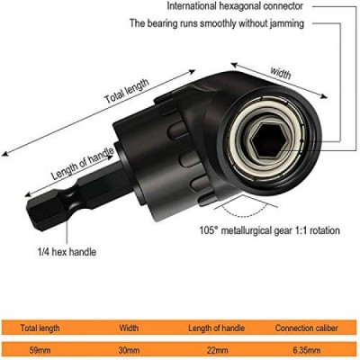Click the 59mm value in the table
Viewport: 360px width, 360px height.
click(40, 350)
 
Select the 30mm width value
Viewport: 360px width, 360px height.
click(129, 350)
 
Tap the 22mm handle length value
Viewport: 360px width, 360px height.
click(218, 350)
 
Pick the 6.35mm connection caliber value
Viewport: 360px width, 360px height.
click(306, 350)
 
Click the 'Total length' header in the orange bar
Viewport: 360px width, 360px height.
click(40, 328)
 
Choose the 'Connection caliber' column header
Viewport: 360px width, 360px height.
click(306, 328)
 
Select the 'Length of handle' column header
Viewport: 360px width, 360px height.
click(216, 328)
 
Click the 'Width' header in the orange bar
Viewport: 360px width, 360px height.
click(129, 328)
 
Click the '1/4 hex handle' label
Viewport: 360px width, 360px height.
click(67, 252)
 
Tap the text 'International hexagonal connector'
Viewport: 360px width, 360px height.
click(235, 6)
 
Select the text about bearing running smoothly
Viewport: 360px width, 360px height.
click(217, 23)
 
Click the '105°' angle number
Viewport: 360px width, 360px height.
click(208, 230)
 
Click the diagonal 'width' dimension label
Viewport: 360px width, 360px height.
click(281, 73)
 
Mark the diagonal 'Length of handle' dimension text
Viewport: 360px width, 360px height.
click(83, 164)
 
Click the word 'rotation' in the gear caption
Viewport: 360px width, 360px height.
click(324, 230)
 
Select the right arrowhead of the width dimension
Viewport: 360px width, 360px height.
click(324, 96)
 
